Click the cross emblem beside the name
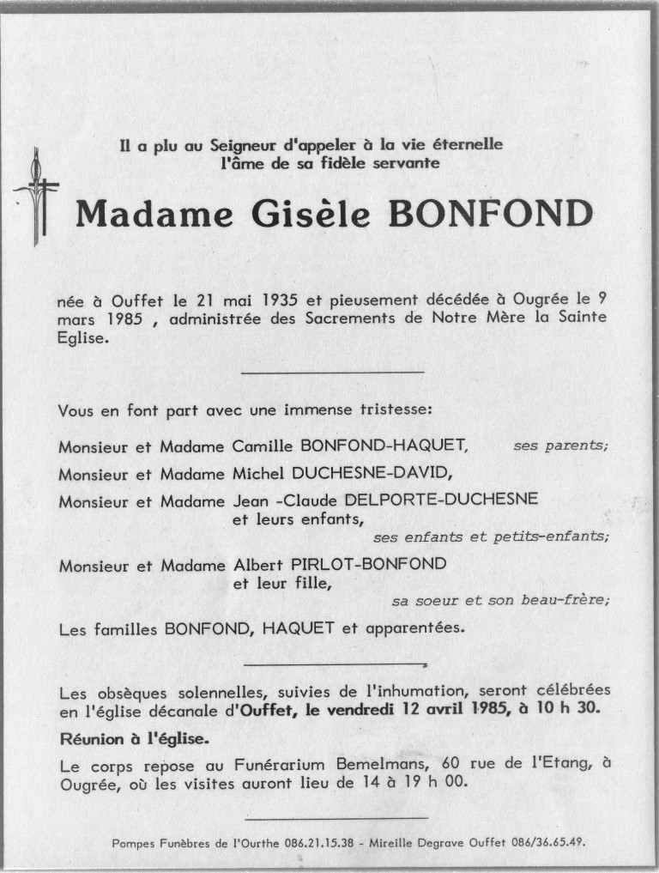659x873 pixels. (36, 196)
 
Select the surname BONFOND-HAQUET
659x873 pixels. (386, 446)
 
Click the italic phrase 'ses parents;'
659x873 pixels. (560, 446)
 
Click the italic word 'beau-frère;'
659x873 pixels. (566, 601)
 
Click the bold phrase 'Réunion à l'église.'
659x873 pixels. (134, 739)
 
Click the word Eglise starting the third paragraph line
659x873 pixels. (84, 339)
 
